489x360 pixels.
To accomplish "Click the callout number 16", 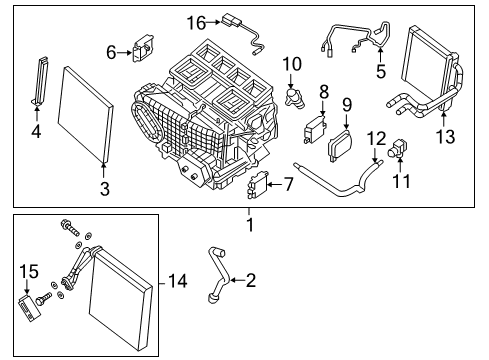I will pyautogui.click(x=196, y=22).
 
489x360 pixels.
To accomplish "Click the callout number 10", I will pyautogui.click(x=292, y=64).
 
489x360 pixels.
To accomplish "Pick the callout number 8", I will pyautogui.click(x=323, y=91).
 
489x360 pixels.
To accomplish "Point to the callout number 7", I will pyautogui.click(x=288, y=185).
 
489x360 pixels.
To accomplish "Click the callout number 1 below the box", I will pyautogui.click(x=249, y=225).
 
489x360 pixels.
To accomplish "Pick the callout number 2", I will pyautogui.click(x=251, y=281).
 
